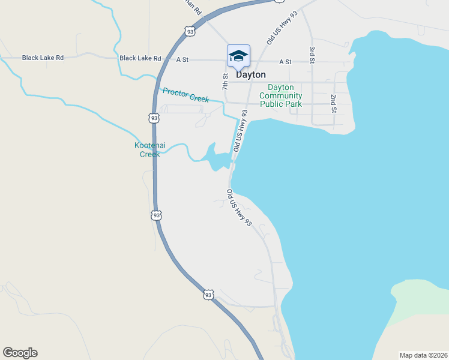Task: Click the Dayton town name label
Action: tap(251, 75)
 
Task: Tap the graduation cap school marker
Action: tap(238, 56)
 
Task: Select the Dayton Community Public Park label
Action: tap(281, 95)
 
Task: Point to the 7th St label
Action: tap(226, 82)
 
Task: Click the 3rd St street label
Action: tap(312, 56)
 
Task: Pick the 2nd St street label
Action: tap(334, 103)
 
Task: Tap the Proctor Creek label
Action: tap(185, 95)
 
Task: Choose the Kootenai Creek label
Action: tap(146, 149)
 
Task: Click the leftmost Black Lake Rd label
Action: tap(43, 58)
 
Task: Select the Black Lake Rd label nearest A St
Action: tap(140, 58)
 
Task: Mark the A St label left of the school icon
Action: tap(183, 59)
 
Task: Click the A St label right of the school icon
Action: tap(285, 62)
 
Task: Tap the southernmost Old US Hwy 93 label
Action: tap(238, 208)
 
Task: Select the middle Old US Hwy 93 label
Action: tap(240, 130)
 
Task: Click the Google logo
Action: tap(20, 353)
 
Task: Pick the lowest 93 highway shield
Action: tap(208, 295)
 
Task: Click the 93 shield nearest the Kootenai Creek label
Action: tap(155, 118)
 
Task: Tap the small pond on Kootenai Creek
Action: tap(214, 157)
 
